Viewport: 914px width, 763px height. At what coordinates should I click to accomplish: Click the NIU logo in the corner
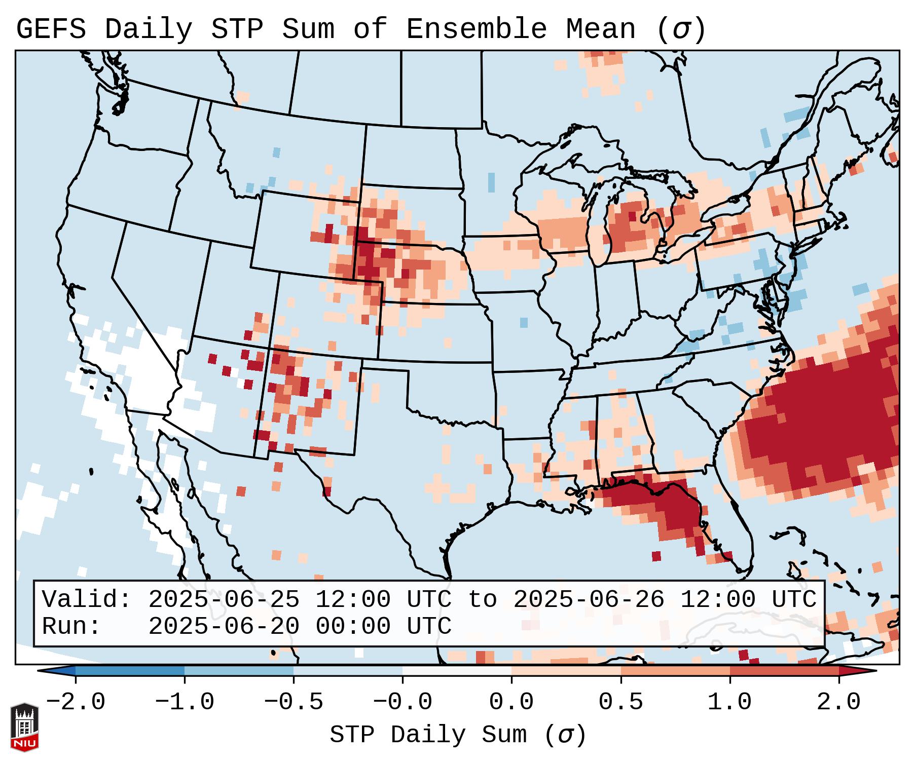24,727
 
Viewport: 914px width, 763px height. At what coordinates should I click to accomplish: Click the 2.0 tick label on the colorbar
839,702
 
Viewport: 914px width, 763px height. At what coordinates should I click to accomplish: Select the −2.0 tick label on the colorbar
76,702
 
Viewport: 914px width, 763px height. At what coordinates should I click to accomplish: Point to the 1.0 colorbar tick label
730,702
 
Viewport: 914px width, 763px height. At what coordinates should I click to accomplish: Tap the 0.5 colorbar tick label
621,702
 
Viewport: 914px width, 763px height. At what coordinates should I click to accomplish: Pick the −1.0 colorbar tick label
185,702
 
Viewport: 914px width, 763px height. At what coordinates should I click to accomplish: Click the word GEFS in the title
51,29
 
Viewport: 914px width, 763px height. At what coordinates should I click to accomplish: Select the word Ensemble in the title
477,29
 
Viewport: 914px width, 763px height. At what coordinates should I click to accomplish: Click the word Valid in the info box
86,599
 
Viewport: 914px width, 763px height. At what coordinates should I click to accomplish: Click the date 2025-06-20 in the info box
224,626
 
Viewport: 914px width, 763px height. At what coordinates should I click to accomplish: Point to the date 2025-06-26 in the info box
589,599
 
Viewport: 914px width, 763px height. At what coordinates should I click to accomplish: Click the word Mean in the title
601,29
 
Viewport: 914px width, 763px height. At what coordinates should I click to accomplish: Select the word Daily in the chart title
148,29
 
